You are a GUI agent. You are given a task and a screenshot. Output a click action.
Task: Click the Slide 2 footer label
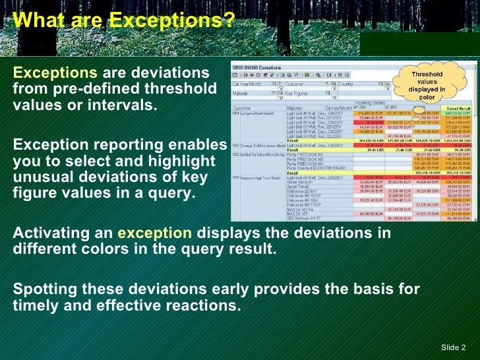(x=453, y=347)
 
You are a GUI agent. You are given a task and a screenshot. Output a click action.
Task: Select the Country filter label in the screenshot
(x=346, y=84)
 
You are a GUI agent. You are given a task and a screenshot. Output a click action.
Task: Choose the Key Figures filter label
(x=297, y=94)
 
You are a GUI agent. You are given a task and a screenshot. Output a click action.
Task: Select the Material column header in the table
(x=294, y=107)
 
